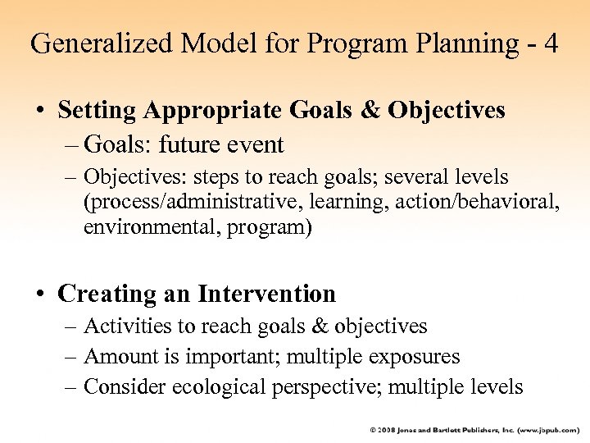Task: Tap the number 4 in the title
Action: point(549,43)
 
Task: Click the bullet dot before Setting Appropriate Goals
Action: point(40,111)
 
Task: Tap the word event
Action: point(256,145)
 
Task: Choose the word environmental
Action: point(140,227)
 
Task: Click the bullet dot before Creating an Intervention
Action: point(40,295)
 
